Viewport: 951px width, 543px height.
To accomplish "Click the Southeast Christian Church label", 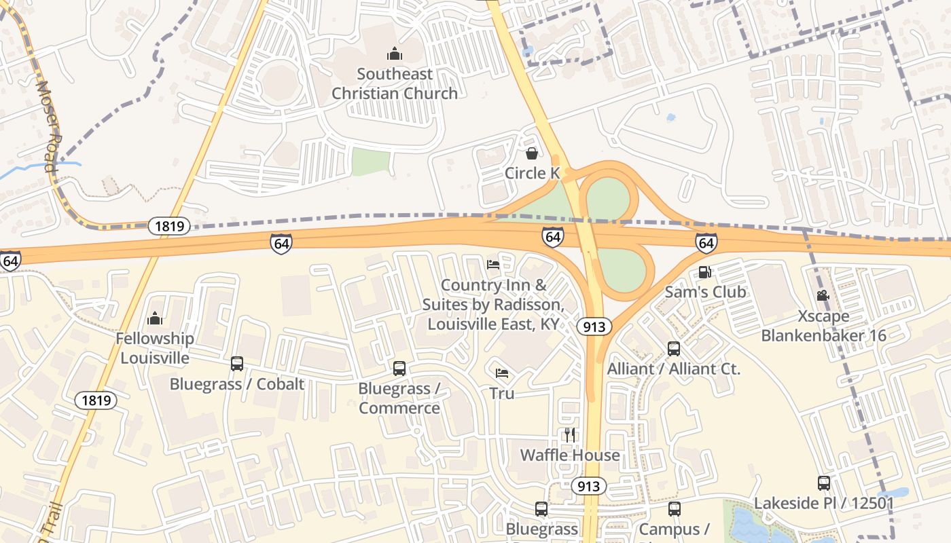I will point(395,83).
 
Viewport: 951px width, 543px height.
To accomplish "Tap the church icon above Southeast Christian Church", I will point(394,54).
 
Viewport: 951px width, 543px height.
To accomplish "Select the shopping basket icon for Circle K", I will point(532,153).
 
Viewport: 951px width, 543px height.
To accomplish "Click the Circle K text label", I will point(532,174).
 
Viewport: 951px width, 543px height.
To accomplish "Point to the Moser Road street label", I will point(49,126).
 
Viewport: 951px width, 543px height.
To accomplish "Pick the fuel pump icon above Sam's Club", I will point(705,272).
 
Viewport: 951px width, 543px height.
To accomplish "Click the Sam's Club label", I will point(705,292).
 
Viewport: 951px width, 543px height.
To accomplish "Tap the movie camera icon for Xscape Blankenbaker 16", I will point(823,296).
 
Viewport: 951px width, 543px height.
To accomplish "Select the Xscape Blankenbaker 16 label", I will point(823,326).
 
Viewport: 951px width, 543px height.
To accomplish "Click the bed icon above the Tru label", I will point(502,373).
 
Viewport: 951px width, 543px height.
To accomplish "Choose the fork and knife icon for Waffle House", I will point(570,435).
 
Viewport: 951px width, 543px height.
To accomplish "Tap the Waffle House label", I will point(570,455).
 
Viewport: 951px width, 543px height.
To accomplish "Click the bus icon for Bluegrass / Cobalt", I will point(237,364).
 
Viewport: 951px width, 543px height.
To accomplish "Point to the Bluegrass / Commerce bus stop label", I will point(399,398).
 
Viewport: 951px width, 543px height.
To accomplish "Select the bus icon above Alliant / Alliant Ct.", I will point(674,349).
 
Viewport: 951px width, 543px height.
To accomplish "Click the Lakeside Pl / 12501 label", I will point(824,504).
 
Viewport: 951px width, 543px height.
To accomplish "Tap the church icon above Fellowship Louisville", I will point(155,318).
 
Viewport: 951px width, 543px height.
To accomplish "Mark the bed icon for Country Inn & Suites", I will point(493,264).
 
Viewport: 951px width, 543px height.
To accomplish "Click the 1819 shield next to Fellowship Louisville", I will point(96,400).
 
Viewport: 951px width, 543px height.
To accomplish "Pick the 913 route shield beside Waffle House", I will point(588,486).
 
